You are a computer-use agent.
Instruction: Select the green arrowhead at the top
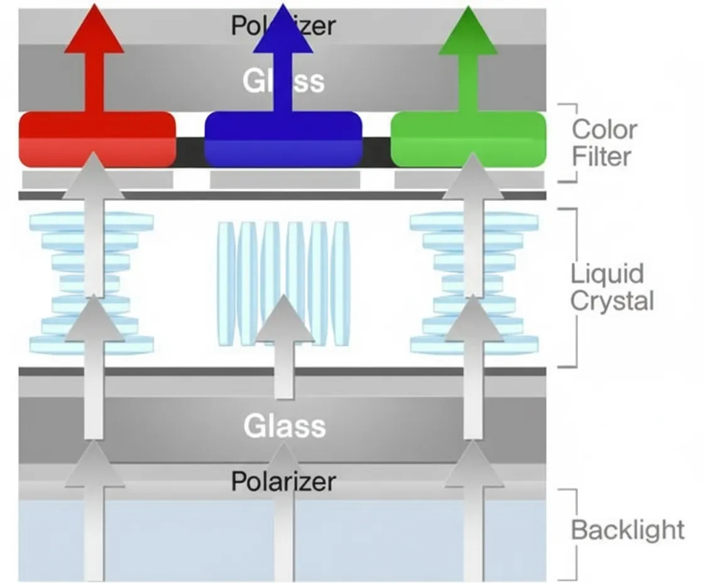[468, 31]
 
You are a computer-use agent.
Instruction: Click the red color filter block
[97, 139]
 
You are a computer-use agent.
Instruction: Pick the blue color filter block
[283, 139]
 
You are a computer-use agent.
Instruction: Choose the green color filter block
[468, 139]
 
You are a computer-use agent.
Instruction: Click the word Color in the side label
[604, 129]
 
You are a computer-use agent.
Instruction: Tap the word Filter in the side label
[601, 156]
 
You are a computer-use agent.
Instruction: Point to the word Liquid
[607, 274]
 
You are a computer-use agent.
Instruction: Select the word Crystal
[612, 300]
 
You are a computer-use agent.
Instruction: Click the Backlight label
[628, 530]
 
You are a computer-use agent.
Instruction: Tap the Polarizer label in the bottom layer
[283, 482]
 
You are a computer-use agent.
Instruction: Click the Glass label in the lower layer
[285, 425]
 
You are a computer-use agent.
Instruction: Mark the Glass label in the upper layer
[283, 81]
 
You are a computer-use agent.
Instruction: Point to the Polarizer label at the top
[283, 25]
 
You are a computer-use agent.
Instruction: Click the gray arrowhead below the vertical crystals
[283, 319]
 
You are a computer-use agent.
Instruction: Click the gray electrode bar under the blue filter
[285, 180]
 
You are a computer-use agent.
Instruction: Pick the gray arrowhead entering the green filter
[473, 176]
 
